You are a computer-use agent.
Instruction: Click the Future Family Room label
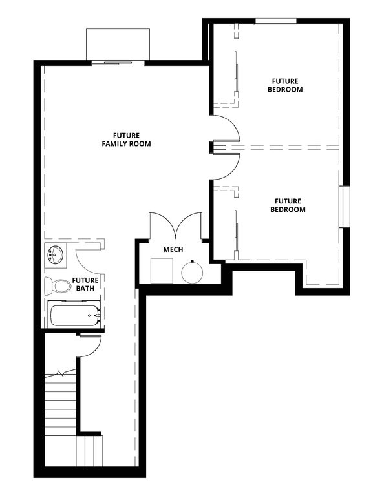[x=126, y=139]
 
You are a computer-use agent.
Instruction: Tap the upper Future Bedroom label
[x=285, y=85]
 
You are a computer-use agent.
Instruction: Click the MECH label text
[x=172, y=249]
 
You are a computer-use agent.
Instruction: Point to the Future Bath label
[x=85, y=285]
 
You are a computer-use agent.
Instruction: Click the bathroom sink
[x=56, y=255]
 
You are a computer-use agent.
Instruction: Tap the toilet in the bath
[x=57, y=285]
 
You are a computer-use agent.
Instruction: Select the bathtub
[x=74, y=316]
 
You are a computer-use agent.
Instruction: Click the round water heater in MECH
[x=193, y=272]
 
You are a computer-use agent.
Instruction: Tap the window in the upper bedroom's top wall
[x=275, y=21]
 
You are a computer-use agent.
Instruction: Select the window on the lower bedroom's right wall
[x=345, y=207]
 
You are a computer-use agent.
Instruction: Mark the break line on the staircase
[x=62, y=374]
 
